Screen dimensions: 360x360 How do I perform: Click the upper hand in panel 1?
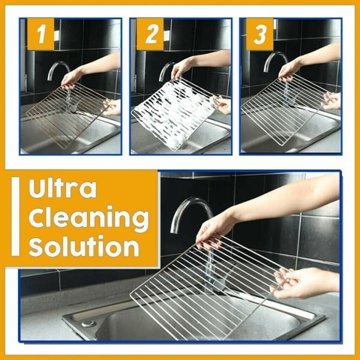(73, 76)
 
